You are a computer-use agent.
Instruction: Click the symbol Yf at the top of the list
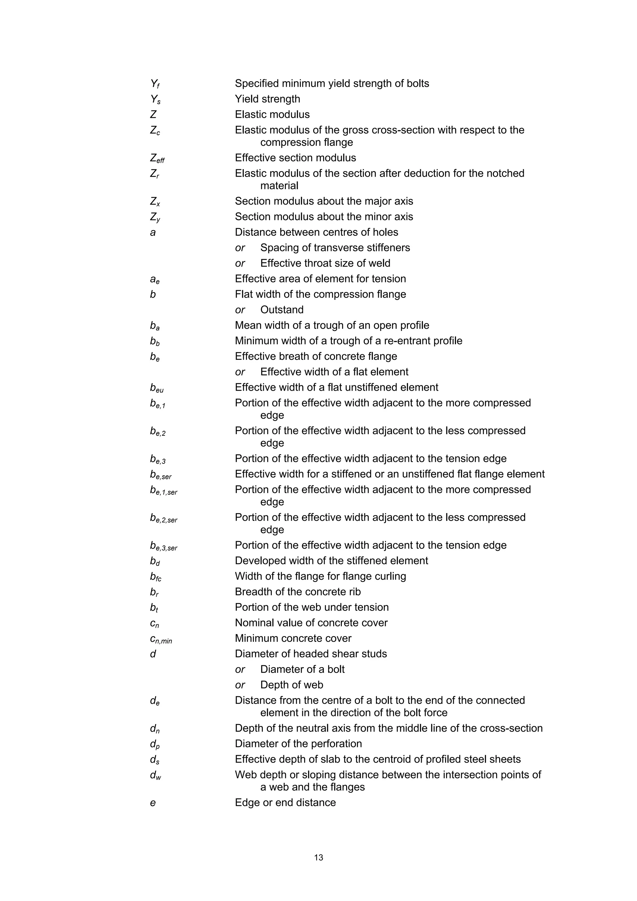coord(155,84)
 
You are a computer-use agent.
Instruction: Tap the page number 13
coord(318,857)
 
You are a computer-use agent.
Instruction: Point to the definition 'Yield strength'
coord(267,99)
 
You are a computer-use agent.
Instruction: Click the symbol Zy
coord(155,217)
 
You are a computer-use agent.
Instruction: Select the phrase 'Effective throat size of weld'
coord(325,263)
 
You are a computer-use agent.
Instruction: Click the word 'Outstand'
coord(282,310)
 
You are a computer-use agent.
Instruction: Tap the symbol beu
coord(156,388)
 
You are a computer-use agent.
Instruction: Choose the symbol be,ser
coord(160,475)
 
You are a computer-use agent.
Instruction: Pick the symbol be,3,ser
coord(163,546)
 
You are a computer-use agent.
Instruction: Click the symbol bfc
coord(156,577)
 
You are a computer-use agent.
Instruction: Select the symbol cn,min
coord(161,639)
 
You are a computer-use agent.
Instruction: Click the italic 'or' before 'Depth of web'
coord(240,685)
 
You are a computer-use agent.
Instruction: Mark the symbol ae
coord(155,279)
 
